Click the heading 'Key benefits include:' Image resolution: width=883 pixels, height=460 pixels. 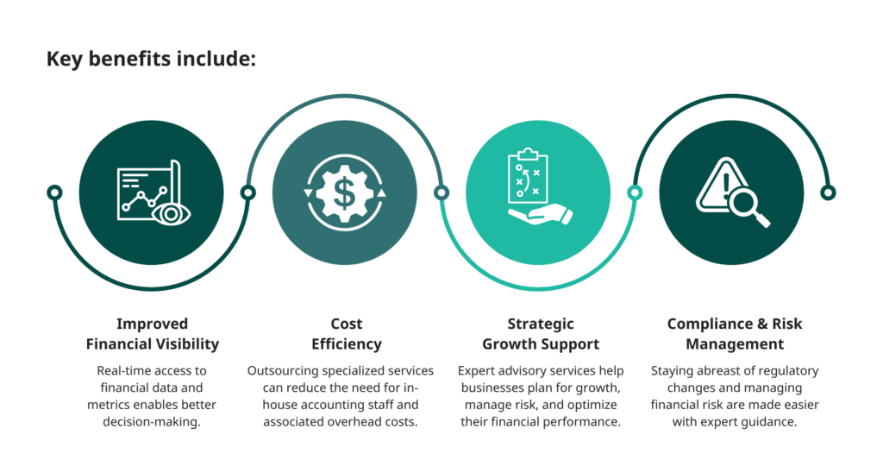tap(151, 59)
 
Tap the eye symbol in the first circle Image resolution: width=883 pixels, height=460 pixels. tap(172, 214)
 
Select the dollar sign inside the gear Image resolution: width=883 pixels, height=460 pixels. tap(345, 192)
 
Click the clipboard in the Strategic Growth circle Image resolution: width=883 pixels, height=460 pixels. tap(528, 175)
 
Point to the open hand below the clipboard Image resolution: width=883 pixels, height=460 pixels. tap(540, 215)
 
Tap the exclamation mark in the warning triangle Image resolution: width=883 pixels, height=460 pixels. tap(726, 184)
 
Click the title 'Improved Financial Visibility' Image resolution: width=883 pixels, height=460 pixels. tap(152, 334)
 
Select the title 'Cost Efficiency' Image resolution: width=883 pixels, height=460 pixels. tap(347, 334)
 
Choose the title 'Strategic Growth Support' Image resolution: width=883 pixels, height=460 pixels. tap(541, 334)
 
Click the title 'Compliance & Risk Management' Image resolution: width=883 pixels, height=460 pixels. tap(735, 334)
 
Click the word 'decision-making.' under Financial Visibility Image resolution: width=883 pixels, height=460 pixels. tap(152, 422)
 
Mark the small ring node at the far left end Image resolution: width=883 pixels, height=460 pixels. tap(54, 192)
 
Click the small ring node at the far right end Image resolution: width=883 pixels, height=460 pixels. tap(828, 192)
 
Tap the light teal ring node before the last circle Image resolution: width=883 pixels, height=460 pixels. tap(635, 192)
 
